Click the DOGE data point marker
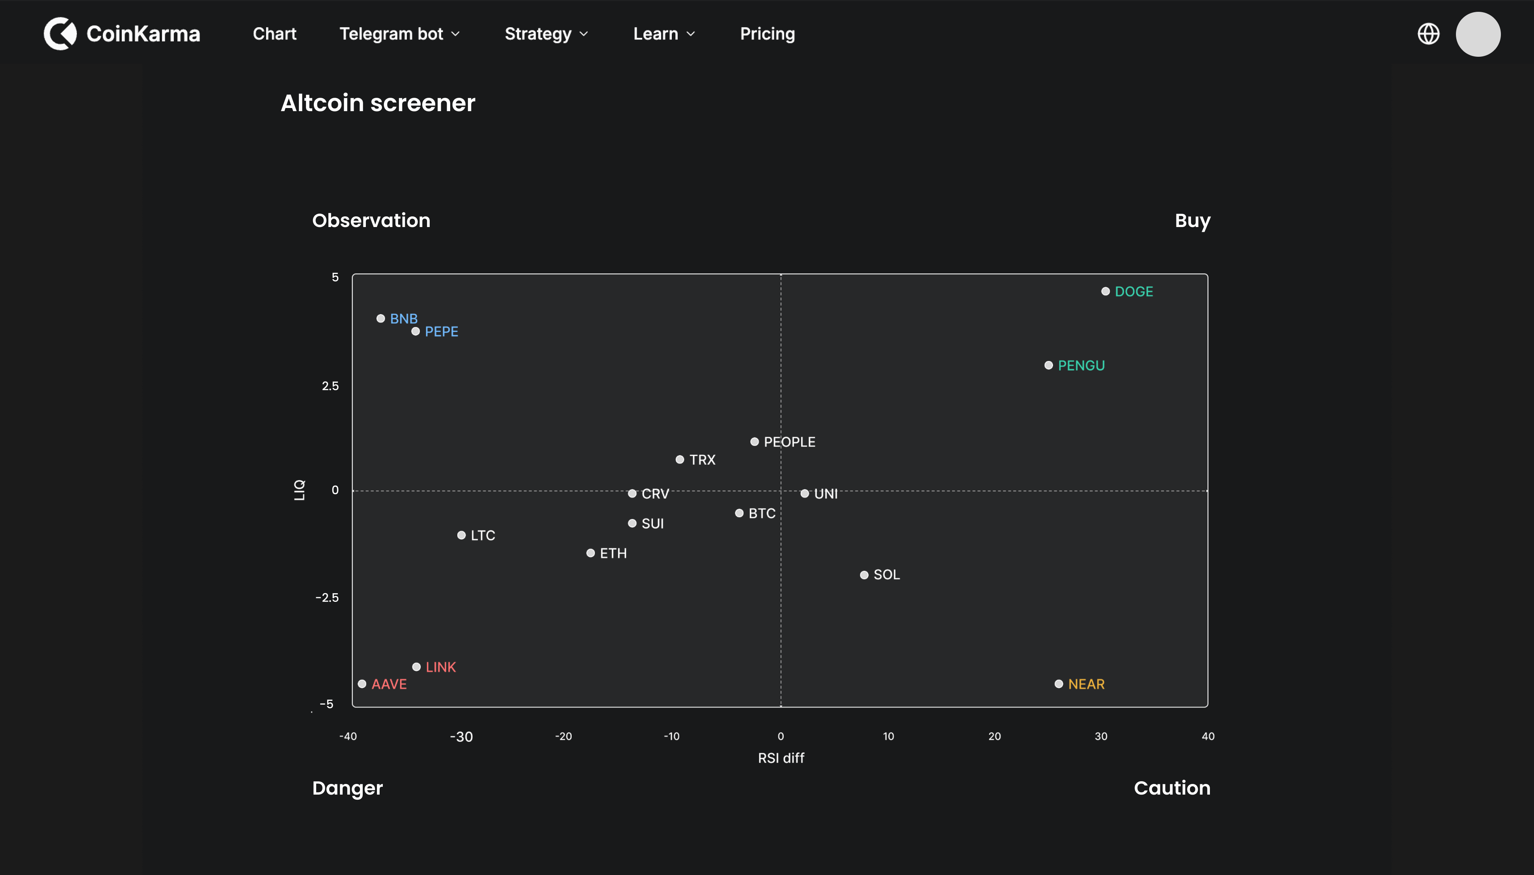1105,291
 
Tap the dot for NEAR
1059,684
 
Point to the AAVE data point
362,684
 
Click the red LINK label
441,667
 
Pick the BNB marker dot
380,318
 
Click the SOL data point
864,575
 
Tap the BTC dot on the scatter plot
739,513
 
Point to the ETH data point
590,553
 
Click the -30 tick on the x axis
461,737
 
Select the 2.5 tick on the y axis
330,386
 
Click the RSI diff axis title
781,758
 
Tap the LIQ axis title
299,490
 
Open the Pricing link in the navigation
767,34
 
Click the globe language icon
1428,34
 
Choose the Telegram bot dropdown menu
399,34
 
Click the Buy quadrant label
1192,221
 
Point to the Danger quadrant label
347,788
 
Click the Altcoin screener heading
378,103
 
